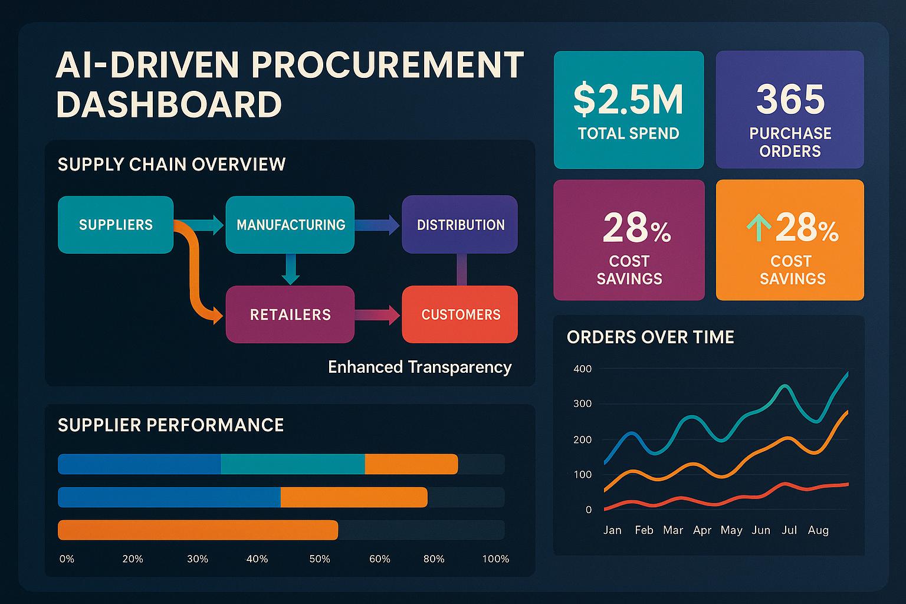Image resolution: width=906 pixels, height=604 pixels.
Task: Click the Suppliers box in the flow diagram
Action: coord(116,225)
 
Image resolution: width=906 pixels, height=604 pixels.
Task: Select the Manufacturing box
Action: coord(290,225)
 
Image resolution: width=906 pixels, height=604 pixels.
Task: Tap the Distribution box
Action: coord(460,225)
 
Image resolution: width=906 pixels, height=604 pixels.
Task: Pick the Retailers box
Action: coord(290,314)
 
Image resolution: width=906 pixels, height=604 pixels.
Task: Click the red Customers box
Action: coord(460,314)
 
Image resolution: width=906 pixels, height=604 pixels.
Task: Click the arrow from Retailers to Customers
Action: coord(377,314)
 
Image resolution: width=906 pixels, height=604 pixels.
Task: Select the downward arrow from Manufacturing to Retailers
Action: coord(290,270)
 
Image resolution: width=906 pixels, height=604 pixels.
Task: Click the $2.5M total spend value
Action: coord(628,99)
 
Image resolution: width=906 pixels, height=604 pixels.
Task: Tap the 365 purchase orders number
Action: coord(790,99)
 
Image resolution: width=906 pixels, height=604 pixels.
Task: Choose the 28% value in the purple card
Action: coord(636,229)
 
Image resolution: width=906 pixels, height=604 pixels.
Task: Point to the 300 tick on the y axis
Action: coord(582,404)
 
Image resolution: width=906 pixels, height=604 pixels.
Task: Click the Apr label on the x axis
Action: coord(702,530)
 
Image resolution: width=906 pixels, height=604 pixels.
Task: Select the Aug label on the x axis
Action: coord(818,530)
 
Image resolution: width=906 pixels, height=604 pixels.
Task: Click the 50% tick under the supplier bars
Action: coord(320,559)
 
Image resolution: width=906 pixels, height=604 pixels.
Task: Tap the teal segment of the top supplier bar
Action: coord(293,464)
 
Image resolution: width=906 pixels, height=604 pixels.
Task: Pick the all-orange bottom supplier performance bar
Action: coord(198,530)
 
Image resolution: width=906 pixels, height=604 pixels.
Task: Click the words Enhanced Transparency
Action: coord(419,367)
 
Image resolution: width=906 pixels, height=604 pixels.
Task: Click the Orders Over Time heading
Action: coord(651,337)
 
